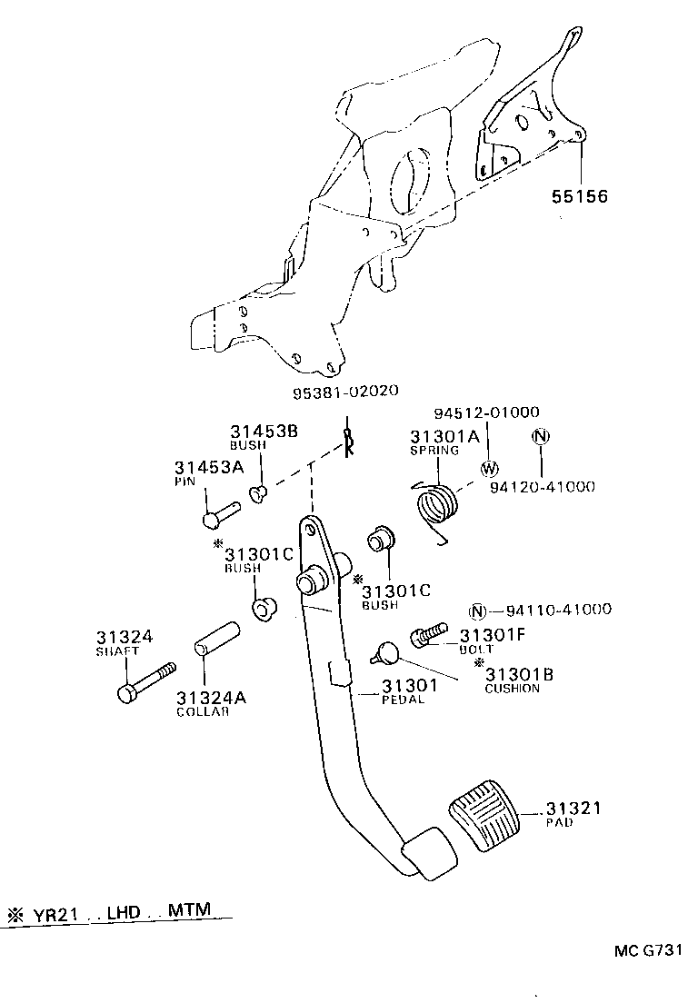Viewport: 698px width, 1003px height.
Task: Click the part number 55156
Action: tap(577, 195)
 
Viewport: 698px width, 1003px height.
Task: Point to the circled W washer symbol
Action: tap(489, 469)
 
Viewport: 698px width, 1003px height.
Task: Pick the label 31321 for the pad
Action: tap(575, 808)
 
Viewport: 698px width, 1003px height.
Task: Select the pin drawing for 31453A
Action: tap(218, 513)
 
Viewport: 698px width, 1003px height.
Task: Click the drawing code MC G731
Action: tap(646, 950)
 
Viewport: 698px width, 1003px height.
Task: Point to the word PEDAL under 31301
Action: tap(403, 700)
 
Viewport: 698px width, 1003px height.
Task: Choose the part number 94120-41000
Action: tap(542, 487)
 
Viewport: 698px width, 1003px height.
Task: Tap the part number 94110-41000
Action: tap(558, 610)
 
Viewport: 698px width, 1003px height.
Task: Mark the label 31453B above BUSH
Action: tap(264, 432)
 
